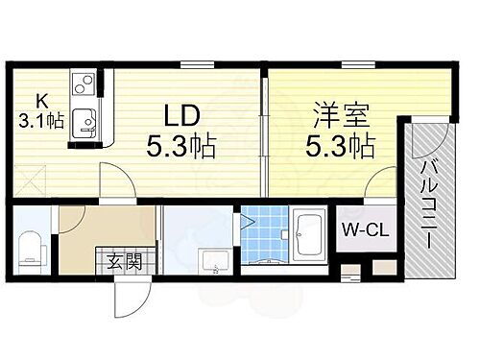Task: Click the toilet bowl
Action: click(29, 251)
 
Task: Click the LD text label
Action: click(179, 116)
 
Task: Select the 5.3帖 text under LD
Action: click(180, 147)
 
